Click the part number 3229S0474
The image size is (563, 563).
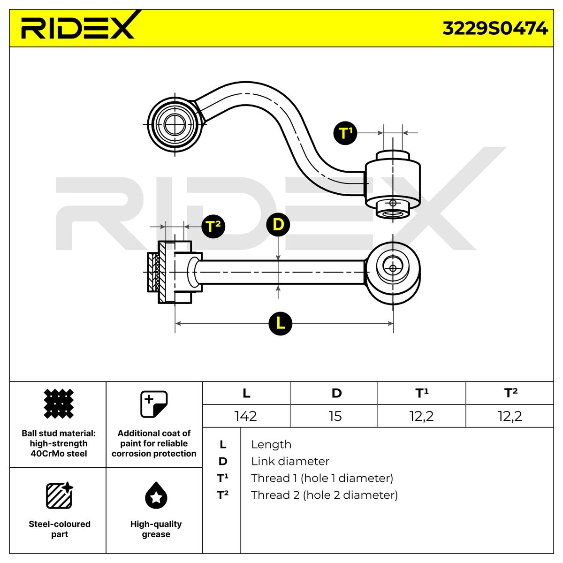pyautogui.click(x=495, y=29)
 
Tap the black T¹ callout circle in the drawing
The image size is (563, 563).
pyautogui.click(x=345, y=133)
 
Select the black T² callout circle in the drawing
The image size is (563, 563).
pyautogui.click(x=213, y=227)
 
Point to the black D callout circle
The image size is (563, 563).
pyautogui.click(x=278, y=225)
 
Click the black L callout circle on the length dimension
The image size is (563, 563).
pyautogui.click(x=281, y=323)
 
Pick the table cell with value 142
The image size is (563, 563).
pyautogui.click(x=246, y=416)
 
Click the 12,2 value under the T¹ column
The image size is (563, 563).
pyautogui.click(x=421, y=416)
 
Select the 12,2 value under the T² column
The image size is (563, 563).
pyautogui.click(x=510, y=416)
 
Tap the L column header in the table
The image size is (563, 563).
pyautogui.click(x=246, y=393)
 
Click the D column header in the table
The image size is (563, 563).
pyautogui.click(x=336, y=393)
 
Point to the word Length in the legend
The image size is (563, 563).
pyautogui.click(x=271, y=444)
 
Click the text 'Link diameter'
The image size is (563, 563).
pyautogui.click(x=290, y=461)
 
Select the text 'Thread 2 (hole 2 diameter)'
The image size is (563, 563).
pyautogui.click(x=324, y=495)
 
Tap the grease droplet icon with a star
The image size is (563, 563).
pyautogui.click(x=156, y=496)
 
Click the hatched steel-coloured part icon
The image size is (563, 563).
pyautogui.click(x=59, y=495)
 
